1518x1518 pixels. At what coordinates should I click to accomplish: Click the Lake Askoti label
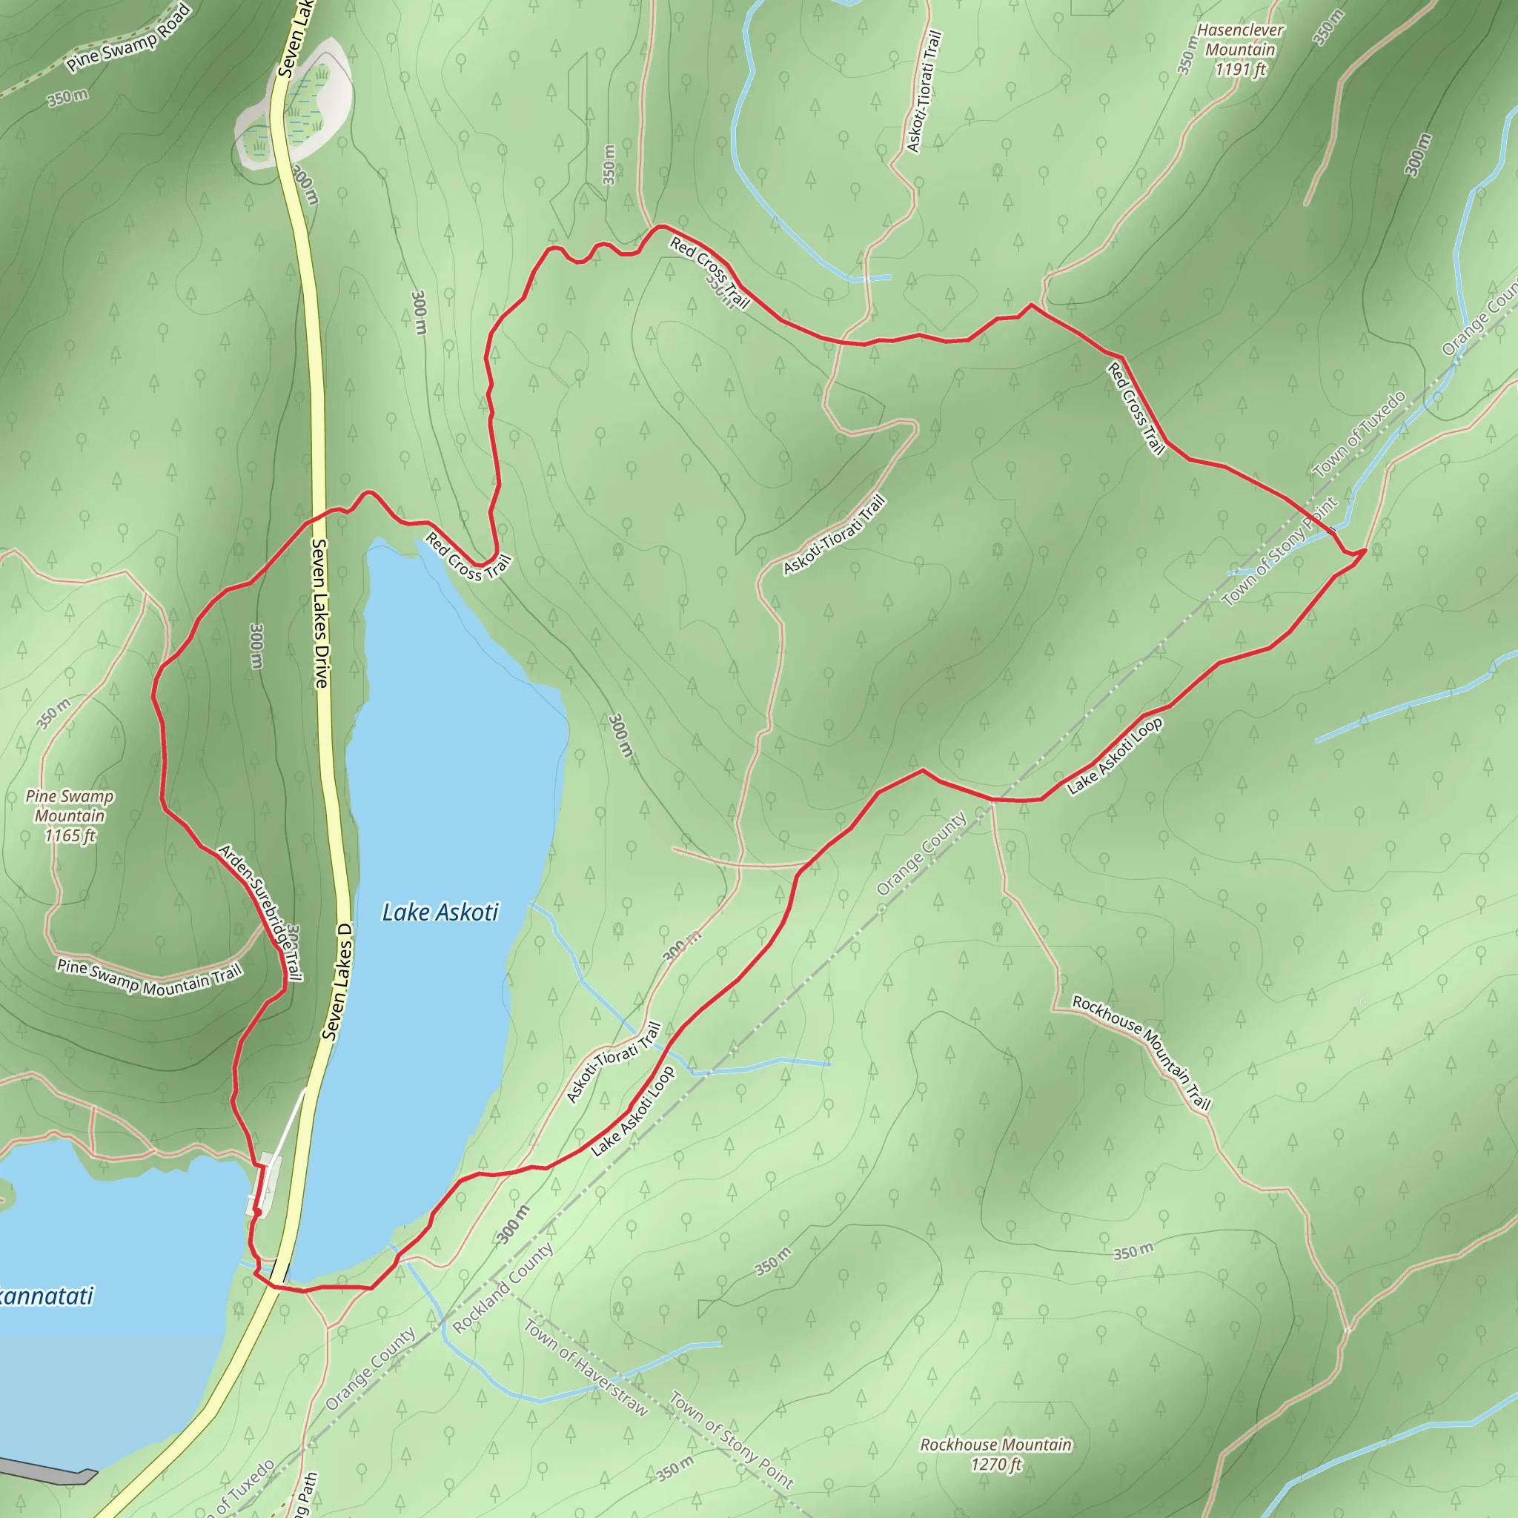tap(440, 912)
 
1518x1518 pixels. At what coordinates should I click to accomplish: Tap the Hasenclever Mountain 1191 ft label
tap(1240, 50)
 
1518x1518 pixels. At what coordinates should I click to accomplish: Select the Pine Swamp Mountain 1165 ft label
tap(70, 815)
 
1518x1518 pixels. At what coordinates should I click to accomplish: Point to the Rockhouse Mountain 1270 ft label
tap(995, 1454)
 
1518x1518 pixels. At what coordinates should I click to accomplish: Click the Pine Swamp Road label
tap(128, 38)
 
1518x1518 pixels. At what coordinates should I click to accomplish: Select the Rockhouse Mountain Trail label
tap(1141, 1052)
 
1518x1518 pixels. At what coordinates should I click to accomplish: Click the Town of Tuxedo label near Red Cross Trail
tap(1359, 434)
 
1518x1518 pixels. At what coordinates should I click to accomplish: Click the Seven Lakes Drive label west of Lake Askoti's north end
tap(320, 613)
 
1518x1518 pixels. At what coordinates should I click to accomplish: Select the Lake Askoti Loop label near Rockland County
tap(632, 1111)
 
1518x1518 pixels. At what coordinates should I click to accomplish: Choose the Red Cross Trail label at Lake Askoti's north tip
tap(468, 557)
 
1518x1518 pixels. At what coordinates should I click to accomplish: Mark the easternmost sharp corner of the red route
tap(1365, 550)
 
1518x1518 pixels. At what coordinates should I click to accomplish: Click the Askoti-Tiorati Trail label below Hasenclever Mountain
tap(924, 91)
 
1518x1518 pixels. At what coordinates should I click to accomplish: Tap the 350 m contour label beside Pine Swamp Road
tap(67, 97)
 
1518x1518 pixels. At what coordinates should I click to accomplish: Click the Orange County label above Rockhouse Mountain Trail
tap(921, 855)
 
